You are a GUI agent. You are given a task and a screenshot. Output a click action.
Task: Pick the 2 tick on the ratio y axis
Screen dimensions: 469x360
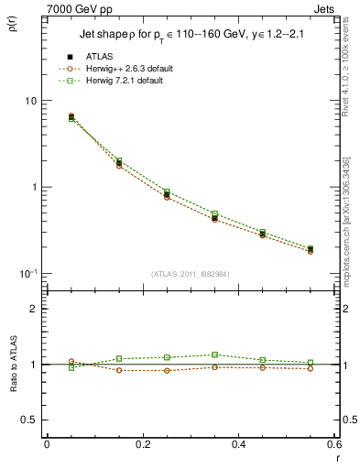click(37, 310)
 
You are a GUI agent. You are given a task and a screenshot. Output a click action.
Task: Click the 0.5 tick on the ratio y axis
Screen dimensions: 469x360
click(33, 420)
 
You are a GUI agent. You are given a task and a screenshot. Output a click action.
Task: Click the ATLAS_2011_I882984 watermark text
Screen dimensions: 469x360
click(191, 274)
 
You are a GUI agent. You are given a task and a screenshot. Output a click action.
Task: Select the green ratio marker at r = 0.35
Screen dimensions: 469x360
click(214, 354)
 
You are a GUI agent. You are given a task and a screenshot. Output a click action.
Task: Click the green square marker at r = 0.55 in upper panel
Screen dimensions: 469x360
click(310, 248)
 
